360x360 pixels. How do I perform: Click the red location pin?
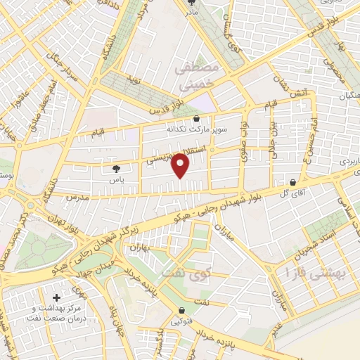click(x=182, y=164)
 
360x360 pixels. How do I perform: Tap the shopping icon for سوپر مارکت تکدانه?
click(x=195, y=118)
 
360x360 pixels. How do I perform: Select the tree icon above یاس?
click(x=116, y=169)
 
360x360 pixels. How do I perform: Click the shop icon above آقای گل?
click(x=292, y=181)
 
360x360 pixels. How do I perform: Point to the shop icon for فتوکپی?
click(x=182, y=310)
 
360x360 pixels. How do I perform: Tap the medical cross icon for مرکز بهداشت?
click(x=57, y=298)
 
